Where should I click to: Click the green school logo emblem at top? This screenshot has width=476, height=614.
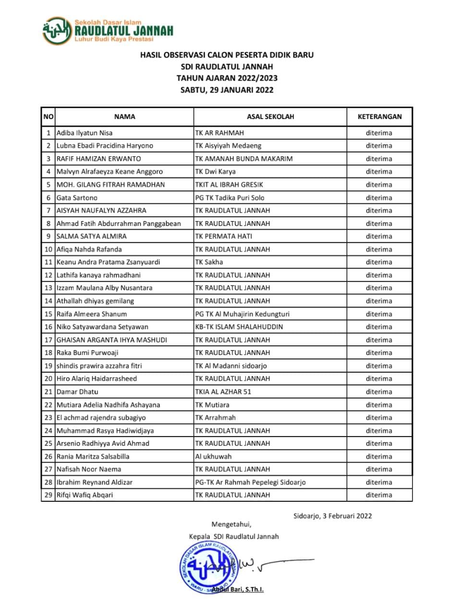(x=57, y=31)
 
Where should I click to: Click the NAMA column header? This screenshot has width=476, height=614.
(x=124, y=117)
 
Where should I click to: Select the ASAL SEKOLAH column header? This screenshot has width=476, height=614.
(x=270, y=117)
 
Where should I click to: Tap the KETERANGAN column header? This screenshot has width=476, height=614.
(x=379, y=117)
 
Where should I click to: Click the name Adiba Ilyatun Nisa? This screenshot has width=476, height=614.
(x=85, y=133)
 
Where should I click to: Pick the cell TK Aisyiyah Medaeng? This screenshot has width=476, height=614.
(x=228, y=146)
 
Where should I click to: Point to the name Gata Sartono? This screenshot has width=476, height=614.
(x=77, y=198)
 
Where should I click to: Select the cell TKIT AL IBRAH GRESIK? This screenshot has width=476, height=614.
(x=229, y=185)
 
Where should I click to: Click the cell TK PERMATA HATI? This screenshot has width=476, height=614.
(x=223, y=236)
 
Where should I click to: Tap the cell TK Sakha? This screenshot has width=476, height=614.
(x=209, y=262)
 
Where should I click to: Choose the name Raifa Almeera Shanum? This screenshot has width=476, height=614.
(x=92, y=314)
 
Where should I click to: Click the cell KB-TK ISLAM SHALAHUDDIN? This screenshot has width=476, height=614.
(x=239, y=327)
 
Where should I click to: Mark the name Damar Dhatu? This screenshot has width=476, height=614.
(x=77, y=392)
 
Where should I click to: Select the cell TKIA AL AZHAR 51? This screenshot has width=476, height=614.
(x=223, y=392)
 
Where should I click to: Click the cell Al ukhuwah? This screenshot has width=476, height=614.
(x=213, y=457)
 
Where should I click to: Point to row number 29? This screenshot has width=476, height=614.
(x=48, y=495)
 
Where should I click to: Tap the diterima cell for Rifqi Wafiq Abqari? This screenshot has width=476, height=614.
(x=379, y=495)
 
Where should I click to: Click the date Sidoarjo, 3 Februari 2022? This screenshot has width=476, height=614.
(x=332, y=516)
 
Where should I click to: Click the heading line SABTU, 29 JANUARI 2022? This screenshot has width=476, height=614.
(x=227, y=90)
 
